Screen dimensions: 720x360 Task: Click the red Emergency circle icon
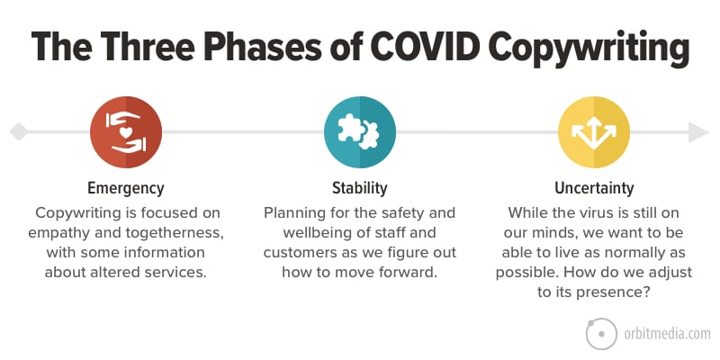126,132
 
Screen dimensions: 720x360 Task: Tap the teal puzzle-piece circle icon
359,132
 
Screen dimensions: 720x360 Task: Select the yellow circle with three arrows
594,132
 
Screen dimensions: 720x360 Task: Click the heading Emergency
126,188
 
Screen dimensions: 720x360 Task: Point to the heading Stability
359,188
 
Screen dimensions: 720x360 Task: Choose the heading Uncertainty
594,188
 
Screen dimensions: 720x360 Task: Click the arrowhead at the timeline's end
698,132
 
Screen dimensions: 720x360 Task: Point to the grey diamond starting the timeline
19,131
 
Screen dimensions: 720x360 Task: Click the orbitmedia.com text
667,334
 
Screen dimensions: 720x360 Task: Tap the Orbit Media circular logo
602,334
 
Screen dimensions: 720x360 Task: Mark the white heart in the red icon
126,132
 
